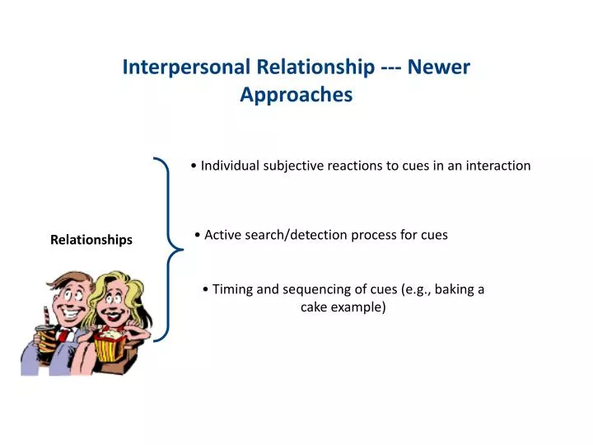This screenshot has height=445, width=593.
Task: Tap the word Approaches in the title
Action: click(x=296, y=95)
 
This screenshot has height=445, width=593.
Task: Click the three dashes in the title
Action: click(x=391, y=68)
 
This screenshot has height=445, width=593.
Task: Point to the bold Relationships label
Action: click(x=91, y=240)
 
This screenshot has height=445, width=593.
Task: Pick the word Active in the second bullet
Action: click(x=222, y=235)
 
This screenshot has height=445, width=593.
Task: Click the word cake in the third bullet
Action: click(x=315, y=307)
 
